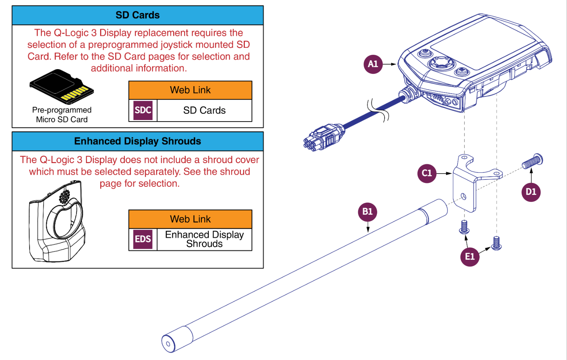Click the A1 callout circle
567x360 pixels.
[x=373, y=64]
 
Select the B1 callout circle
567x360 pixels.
[x=367, y=212]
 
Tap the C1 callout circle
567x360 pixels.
[x=427, y=173]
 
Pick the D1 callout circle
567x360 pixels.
[x=531, y=192]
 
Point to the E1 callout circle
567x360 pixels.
[x=470, y=256]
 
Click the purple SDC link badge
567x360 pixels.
[x=143, y=110]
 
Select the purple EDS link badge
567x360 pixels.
[x=143, y=239]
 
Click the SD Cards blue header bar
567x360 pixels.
[x=138, y=15]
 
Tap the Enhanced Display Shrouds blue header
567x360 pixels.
[x=138, y=141]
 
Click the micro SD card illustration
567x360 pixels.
[x=62, y=87]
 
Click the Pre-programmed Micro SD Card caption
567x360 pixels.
[x=62, y=115]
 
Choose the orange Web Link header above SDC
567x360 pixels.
[x=190, y=90]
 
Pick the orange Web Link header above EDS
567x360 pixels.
[x=190, y=219]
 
